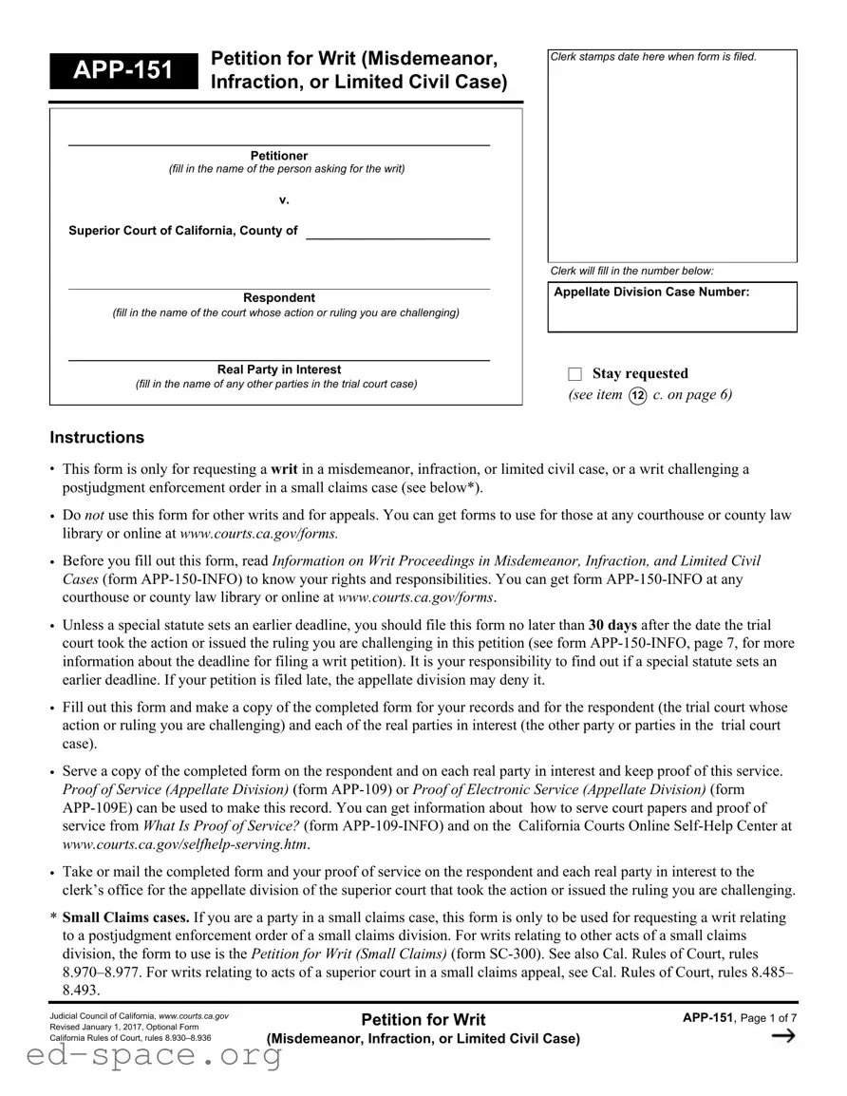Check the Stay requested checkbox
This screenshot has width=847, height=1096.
coord(574,374)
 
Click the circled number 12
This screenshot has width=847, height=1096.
coord(638,395)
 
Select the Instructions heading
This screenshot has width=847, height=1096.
coord(97,438)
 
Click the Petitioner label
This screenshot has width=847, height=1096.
coord(279,156)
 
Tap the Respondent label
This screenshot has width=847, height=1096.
coord(279,298)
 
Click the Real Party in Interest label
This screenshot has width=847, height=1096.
coord(279,369)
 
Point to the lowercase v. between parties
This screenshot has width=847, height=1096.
coord(283,199)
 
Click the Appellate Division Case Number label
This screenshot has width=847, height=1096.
coord(651,293)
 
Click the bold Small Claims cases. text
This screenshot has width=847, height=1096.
coord(126,917)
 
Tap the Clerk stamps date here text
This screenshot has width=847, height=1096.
coord(653,57)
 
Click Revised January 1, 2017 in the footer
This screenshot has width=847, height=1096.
coord(95,1027)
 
